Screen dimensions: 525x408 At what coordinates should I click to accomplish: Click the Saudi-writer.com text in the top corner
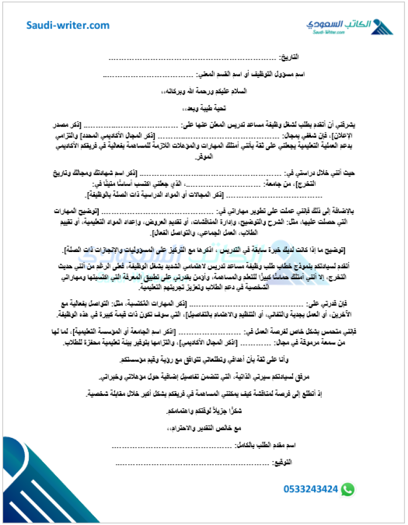click(68, 25)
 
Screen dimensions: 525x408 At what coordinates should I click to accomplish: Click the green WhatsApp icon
click(348, 489)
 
